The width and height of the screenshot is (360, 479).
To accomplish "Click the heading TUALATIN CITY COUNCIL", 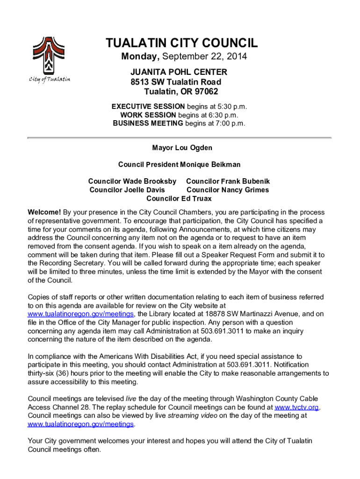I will (x=182, y=44).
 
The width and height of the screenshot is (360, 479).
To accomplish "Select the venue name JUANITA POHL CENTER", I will (x=179, y=72).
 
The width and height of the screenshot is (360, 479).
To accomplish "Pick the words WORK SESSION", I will (x=148, y=115).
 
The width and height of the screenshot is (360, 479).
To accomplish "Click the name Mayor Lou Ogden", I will (x=182, y=148).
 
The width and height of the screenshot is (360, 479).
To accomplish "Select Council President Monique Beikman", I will (x=179, y=165).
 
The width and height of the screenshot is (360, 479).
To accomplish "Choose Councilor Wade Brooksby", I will (x=132, y=181).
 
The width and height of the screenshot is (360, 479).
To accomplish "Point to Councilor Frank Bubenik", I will (x=228, y=181).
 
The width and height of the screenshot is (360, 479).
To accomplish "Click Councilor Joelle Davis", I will (x=127, y=190).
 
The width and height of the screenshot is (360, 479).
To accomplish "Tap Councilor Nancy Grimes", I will (x=228, y=190).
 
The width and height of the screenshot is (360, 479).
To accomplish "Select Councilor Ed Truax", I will (x=179, y=198).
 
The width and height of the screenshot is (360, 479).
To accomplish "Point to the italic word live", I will (x=131, y=399).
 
